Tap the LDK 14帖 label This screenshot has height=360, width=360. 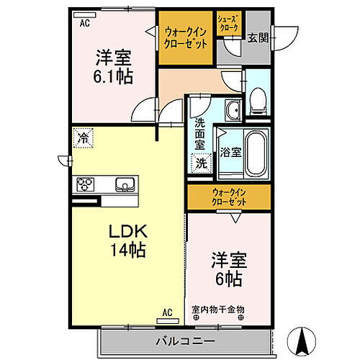(127, 241)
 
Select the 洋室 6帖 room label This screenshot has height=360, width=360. (226, 268)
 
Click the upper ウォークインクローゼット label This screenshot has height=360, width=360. (186, 37)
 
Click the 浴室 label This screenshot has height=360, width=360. (230, 153)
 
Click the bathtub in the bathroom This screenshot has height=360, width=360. (256, 152)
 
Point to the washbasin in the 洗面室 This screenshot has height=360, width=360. (233, 110)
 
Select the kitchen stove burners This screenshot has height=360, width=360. (85, 184)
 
